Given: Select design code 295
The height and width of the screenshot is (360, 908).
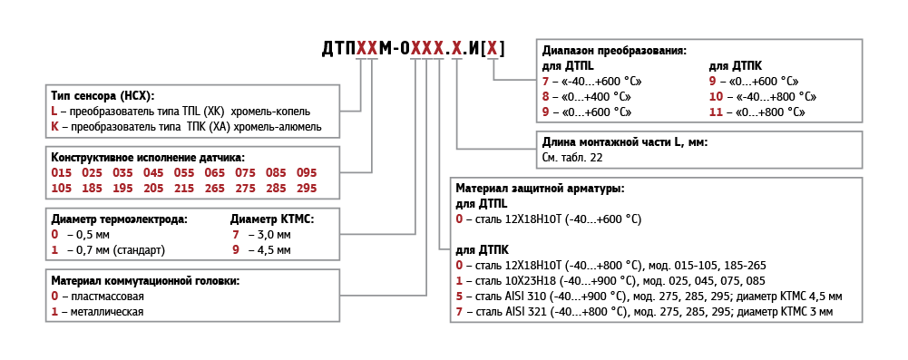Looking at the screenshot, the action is [307, 188].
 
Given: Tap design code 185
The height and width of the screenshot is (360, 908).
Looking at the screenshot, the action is [92, 188].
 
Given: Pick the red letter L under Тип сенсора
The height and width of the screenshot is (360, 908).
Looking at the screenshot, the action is [54, 111].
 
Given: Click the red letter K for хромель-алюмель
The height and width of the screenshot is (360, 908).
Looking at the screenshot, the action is [54, 126].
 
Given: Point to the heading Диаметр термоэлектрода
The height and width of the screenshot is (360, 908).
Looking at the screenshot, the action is [120, 219].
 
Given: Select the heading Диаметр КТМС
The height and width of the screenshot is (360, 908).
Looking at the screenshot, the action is [272, 219].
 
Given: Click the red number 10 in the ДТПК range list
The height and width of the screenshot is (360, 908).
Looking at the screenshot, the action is [716, 96].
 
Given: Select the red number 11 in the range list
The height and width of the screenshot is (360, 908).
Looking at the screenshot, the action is [716, 112].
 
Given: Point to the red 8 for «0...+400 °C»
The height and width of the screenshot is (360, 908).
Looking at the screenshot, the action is [545, 96].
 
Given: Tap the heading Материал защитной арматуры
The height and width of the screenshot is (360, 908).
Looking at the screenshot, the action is [541, 188].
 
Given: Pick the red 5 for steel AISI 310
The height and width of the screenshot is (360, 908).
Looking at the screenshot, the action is [459, 297].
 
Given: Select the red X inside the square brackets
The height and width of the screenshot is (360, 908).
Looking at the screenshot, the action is [492, 49].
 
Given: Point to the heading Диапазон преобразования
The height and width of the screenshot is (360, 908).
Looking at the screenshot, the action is [614, 50].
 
